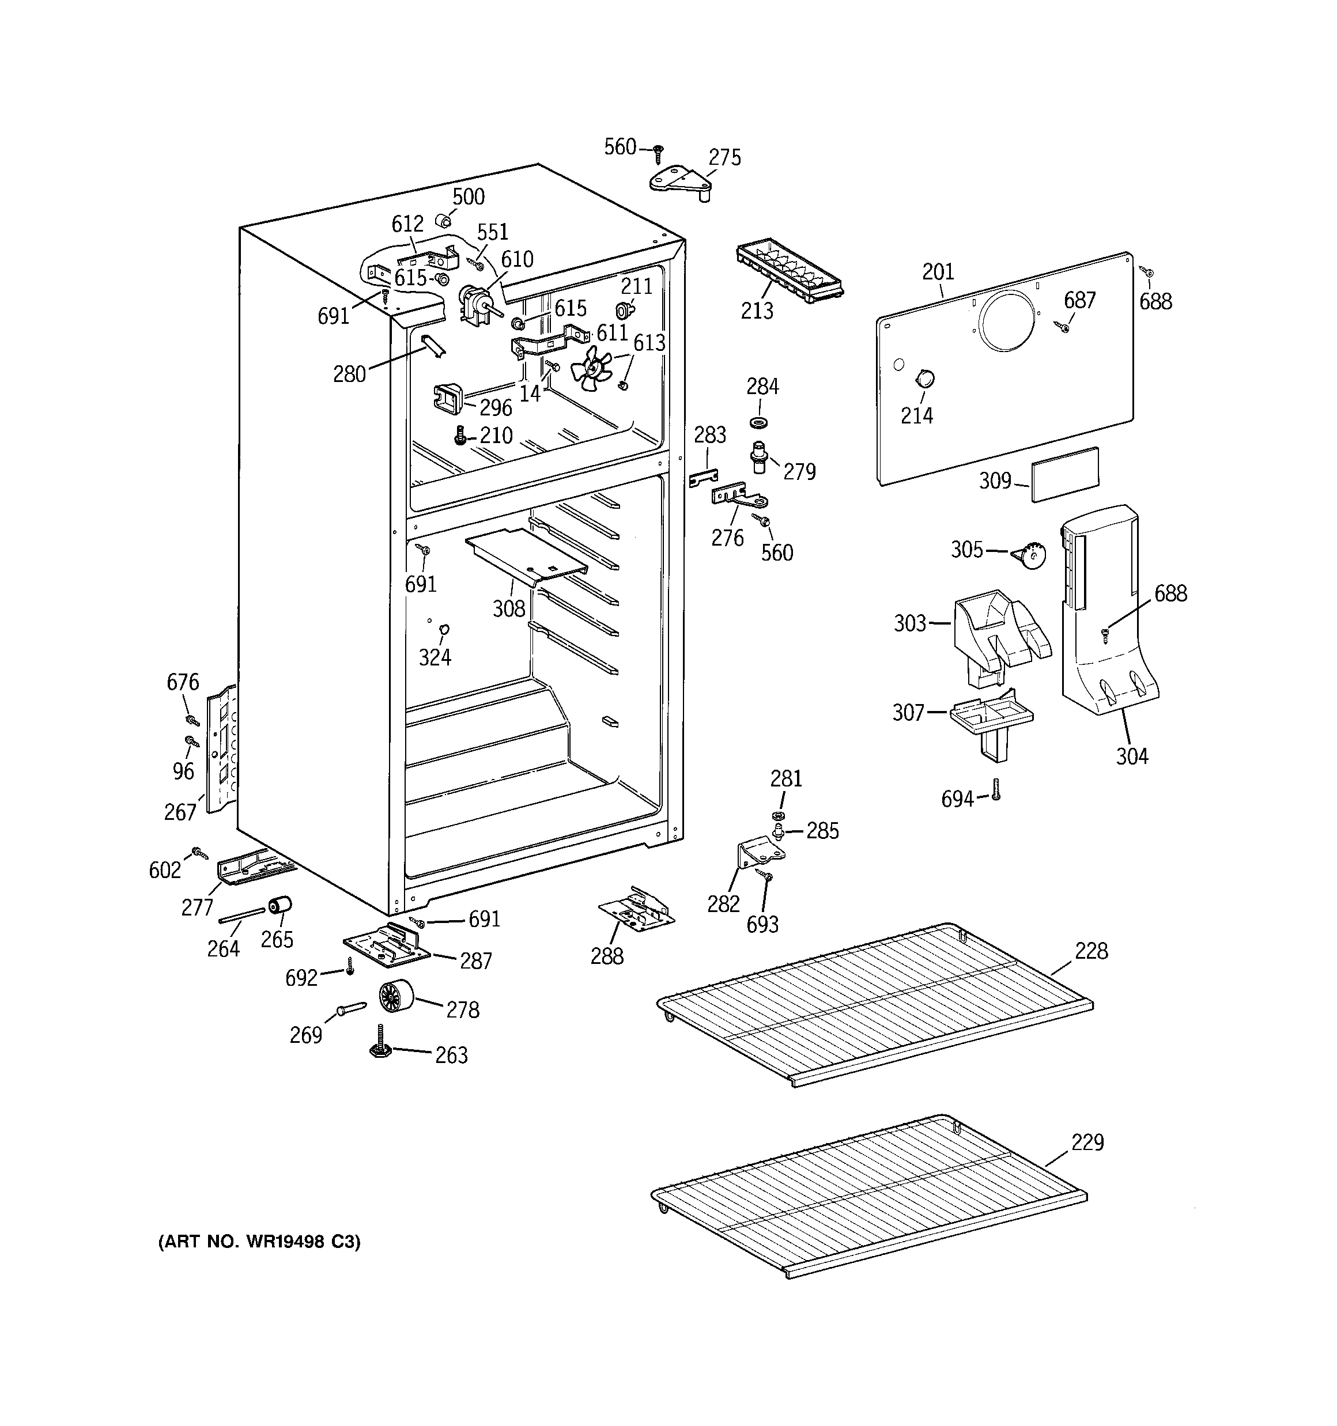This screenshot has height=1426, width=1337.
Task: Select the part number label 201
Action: (x=938, y=272)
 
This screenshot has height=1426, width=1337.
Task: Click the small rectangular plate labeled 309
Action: (x=1065, y=474)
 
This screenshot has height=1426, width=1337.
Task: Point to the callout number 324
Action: (x=435, y=657)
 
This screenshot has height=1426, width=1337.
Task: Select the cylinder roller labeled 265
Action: (x=279, y=906)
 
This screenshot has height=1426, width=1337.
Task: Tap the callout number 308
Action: (x=509, y=609)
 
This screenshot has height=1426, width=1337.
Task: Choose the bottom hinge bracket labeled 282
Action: (x=757, y=854)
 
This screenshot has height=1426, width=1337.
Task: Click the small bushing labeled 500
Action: (x=444, y=219)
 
